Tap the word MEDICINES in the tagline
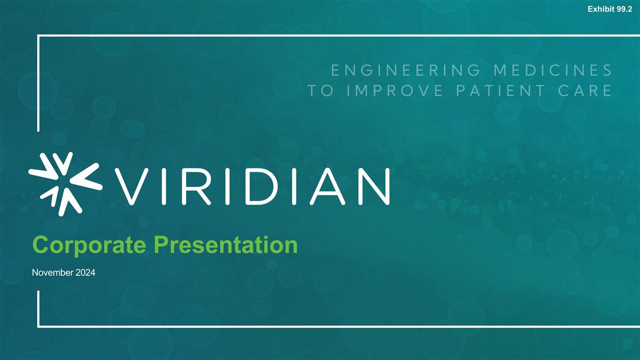(x=550, y=70)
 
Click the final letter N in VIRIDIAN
(x=373, y=186)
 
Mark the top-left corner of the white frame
(x=39, y=36)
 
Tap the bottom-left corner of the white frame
(x=39, y=325)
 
